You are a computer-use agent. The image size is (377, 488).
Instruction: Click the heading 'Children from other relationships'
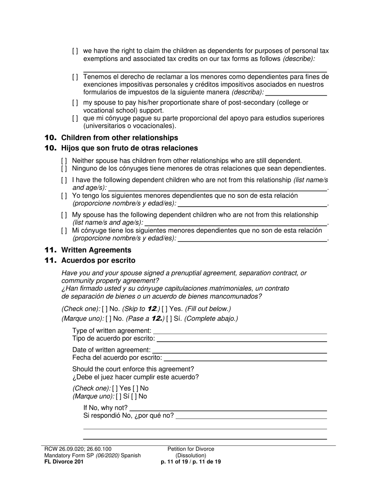[119, 138]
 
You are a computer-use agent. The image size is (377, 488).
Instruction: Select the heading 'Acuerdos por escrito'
[98, 260]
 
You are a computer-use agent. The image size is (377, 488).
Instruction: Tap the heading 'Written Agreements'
[96, 250]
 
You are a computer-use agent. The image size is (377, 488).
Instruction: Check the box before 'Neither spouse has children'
[64, 161]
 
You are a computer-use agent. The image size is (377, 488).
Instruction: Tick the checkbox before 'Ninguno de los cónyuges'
[64, 168]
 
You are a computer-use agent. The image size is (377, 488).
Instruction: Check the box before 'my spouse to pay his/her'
[75, 102]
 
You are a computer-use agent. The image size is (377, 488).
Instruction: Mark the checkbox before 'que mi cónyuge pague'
[75, 118]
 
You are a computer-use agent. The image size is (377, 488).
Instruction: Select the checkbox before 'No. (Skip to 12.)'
[105, 309]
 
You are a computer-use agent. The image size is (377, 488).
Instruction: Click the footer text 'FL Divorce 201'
[64, 462]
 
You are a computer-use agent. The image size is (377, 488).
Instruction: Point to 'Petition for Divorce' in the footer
[190, 449]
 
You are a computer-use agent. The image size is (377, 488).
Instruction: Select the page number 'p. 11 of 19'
[174, 462]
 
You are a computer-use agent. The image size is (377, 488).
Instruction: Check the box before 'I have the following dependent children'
[64, 180]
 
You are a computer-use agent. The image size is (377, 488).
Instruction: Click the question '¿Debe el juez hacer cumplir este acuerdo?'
[135, 377]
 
